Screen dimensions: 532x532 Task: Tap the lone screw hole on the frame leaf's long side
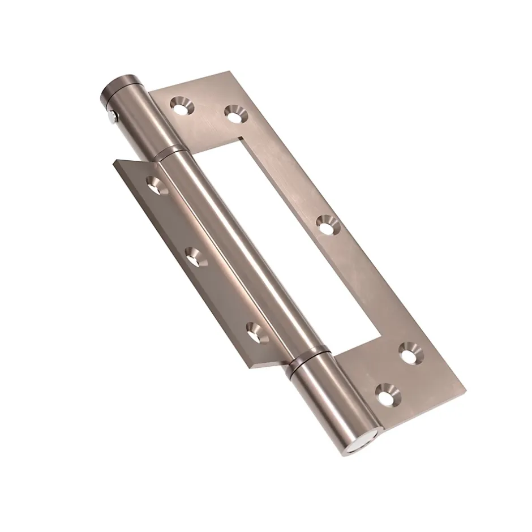point(326,225)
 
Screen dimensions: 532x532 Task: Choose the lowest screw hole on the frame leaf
point(387,394)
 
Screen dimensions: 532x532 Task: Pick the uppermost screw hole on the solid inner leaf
point(157,185)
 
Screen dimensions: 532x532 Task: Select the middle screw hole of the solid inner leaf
point(196,258)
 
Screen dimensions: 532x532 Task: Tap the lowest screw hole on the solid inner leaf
point(256,332)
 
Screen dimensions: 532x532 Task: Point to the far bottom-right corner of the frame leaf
point(465,389)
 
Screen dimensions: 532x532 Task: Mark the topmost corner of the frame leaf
point(229,71)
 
